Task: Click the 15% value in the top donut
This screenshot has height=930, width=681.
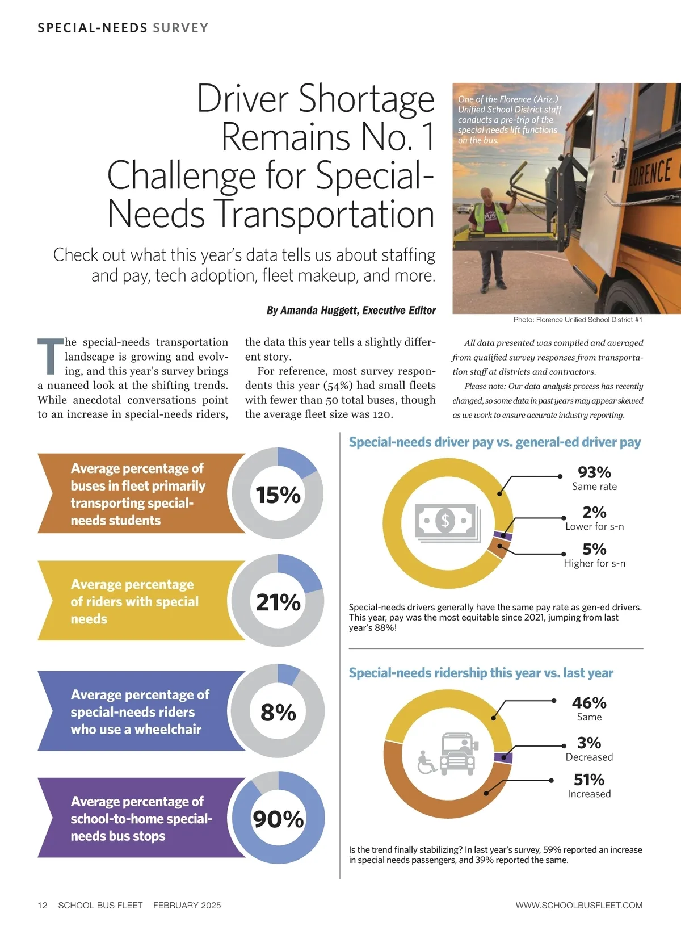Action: pos(278,495)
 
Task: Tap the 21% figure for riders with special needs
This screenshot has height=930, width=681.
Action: pos(278,602)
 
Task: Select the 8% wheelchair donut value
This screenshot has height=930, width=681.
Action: pos(278,713)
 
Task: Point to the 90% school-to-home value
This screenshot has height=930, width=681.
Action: pos(278,819)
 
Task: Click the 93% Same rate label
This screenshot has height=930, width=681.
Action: pos(594,478)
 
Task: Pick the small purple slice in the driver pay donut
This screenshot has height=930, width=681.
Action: pos(503,535)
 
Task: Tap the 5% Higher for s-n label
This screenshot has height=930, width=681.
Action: pos(594,555)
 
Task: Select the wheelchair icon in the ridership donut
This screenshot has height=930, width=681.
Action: pos(426,763)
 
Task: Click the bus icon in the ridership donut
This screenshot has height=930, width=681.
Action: pos(459,753)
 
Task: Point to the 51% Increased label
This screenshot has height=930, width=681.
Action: pos(589,786)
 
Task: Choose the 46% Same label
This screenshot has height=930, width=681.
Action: pos(589,709)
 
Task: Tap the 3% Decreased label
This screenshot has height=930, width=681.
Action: pos(589,749)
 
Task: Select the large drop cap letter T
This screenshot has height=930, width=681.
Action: pos(50,357)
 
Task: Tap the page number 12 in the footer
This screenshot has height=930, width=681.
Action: pos(43,905)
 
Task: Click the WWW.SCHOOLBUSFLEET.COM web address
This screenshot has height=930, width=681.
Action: pos(579,905)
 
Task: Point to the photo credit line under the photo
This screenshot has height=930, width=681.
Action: pos(578,320)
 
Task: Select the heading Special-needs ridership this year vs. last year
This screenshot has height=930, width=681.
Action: pos(481,673)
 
